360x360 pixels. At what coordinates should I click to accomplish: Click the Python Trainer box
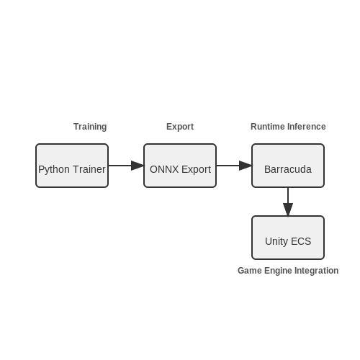72,166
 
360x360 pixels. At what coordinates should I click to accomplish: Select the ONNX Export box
180,166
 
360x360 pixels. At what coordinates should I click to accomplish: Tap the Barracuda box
288,166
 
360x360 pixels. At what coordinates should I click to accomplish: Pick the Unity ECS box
288,238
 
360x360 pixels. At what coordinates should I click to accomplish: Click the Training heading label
90,127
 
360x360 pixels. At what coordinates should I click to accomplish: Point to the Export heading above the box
180,127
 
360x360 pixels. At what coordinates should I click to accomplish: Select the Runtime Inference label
288,127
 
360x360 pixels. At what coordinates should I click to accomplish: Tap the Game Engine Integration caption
288,271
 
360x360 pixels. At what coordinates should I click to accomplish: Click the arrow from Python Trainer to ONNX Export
126,166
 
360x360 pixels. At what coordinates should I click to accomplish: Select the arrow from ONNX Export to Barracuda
234,166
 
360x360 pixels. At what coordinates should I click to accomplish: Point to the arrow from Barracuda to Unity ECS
288,202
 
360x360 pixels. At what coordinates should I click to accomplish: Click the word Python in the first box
54,170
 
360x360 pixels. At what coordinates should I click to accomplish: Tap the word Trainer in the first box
89,169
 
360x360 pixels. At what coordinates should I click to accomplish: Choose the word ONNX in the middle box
164,169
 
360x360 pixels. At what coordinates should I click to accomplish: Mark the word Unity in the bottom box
276,242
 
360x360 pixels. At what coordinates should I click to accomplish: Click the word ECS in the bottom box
301,241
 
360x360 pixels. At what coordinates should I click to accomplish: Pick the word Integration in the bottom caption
317,271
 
